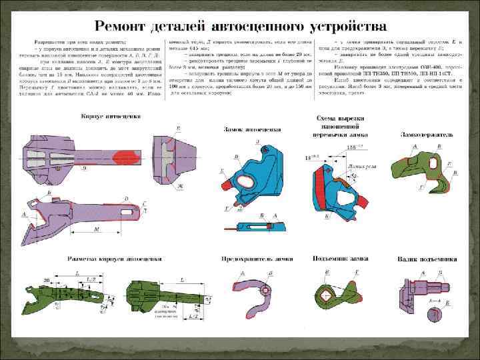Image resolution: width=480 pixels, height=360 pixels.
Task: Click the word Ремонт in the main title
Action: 125,27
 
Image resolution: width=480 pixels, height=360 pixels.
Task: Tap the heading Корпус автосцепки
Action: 111,115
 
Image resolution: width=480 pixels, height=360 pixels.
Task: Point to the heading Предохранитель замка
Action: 253,257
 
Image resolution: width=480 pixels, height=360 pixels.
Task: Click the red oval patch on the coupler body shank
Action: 127,157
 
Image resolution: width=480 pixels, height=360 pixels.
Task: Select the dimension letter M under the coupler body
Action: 98,229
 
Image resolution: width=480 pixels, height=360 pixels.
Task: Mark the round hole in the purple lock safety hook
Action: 267,291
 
